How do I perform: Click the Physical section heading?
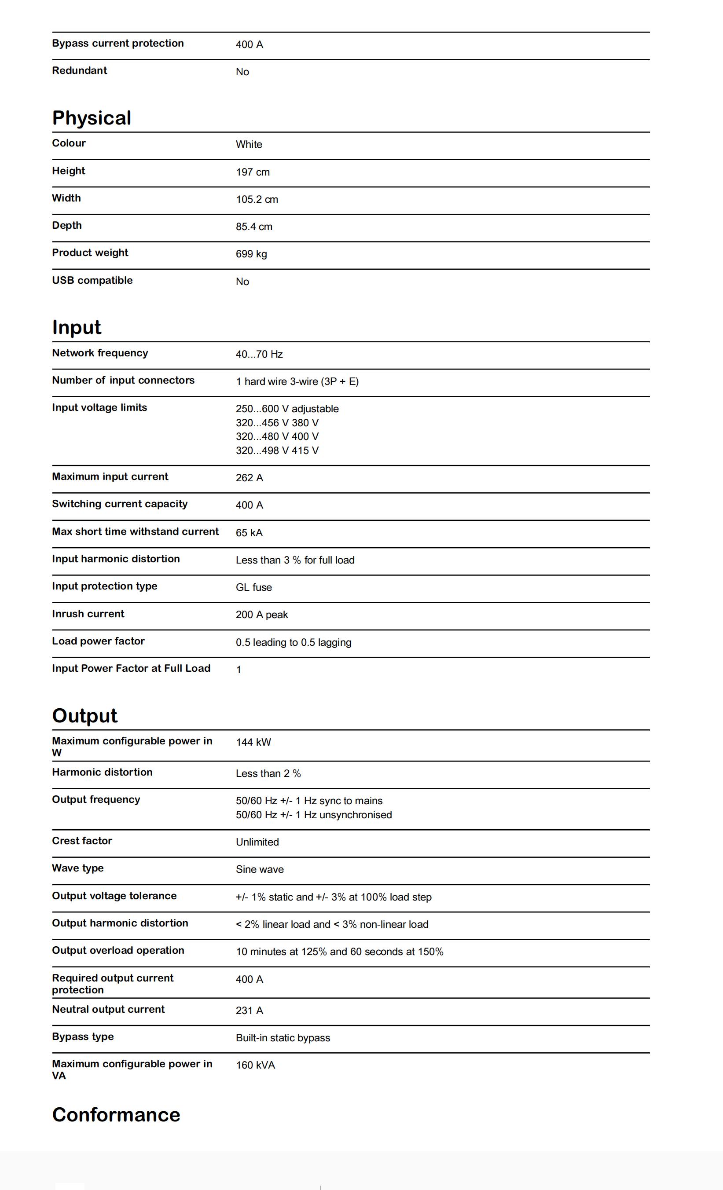91,118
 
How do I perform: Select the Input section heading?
76,327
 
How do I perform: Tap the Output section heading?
84,716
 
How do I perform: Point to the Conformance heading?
116,1115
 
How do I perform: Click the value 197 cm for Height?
253,172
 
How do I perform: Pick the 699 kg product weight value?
251,254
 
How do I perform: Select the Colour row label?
69,143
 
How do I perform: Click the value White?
249,144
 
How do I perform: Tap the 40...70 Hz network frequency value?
259,354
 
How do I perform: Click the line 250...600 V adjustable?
287,409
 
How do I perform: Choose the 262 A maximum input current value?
249,478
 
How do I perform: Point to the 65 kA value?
249,533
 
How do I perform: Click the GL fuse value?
253,587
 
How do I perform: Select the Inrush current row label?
88,614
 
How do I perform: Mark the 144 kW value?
253,742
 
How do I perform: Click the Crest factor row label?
81,841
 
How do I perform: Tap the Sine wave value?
259,869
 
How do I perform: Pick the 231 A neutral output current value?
249,1011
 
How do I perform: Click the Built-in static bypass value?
283,1038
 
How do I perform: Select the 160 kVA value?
255,1065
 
